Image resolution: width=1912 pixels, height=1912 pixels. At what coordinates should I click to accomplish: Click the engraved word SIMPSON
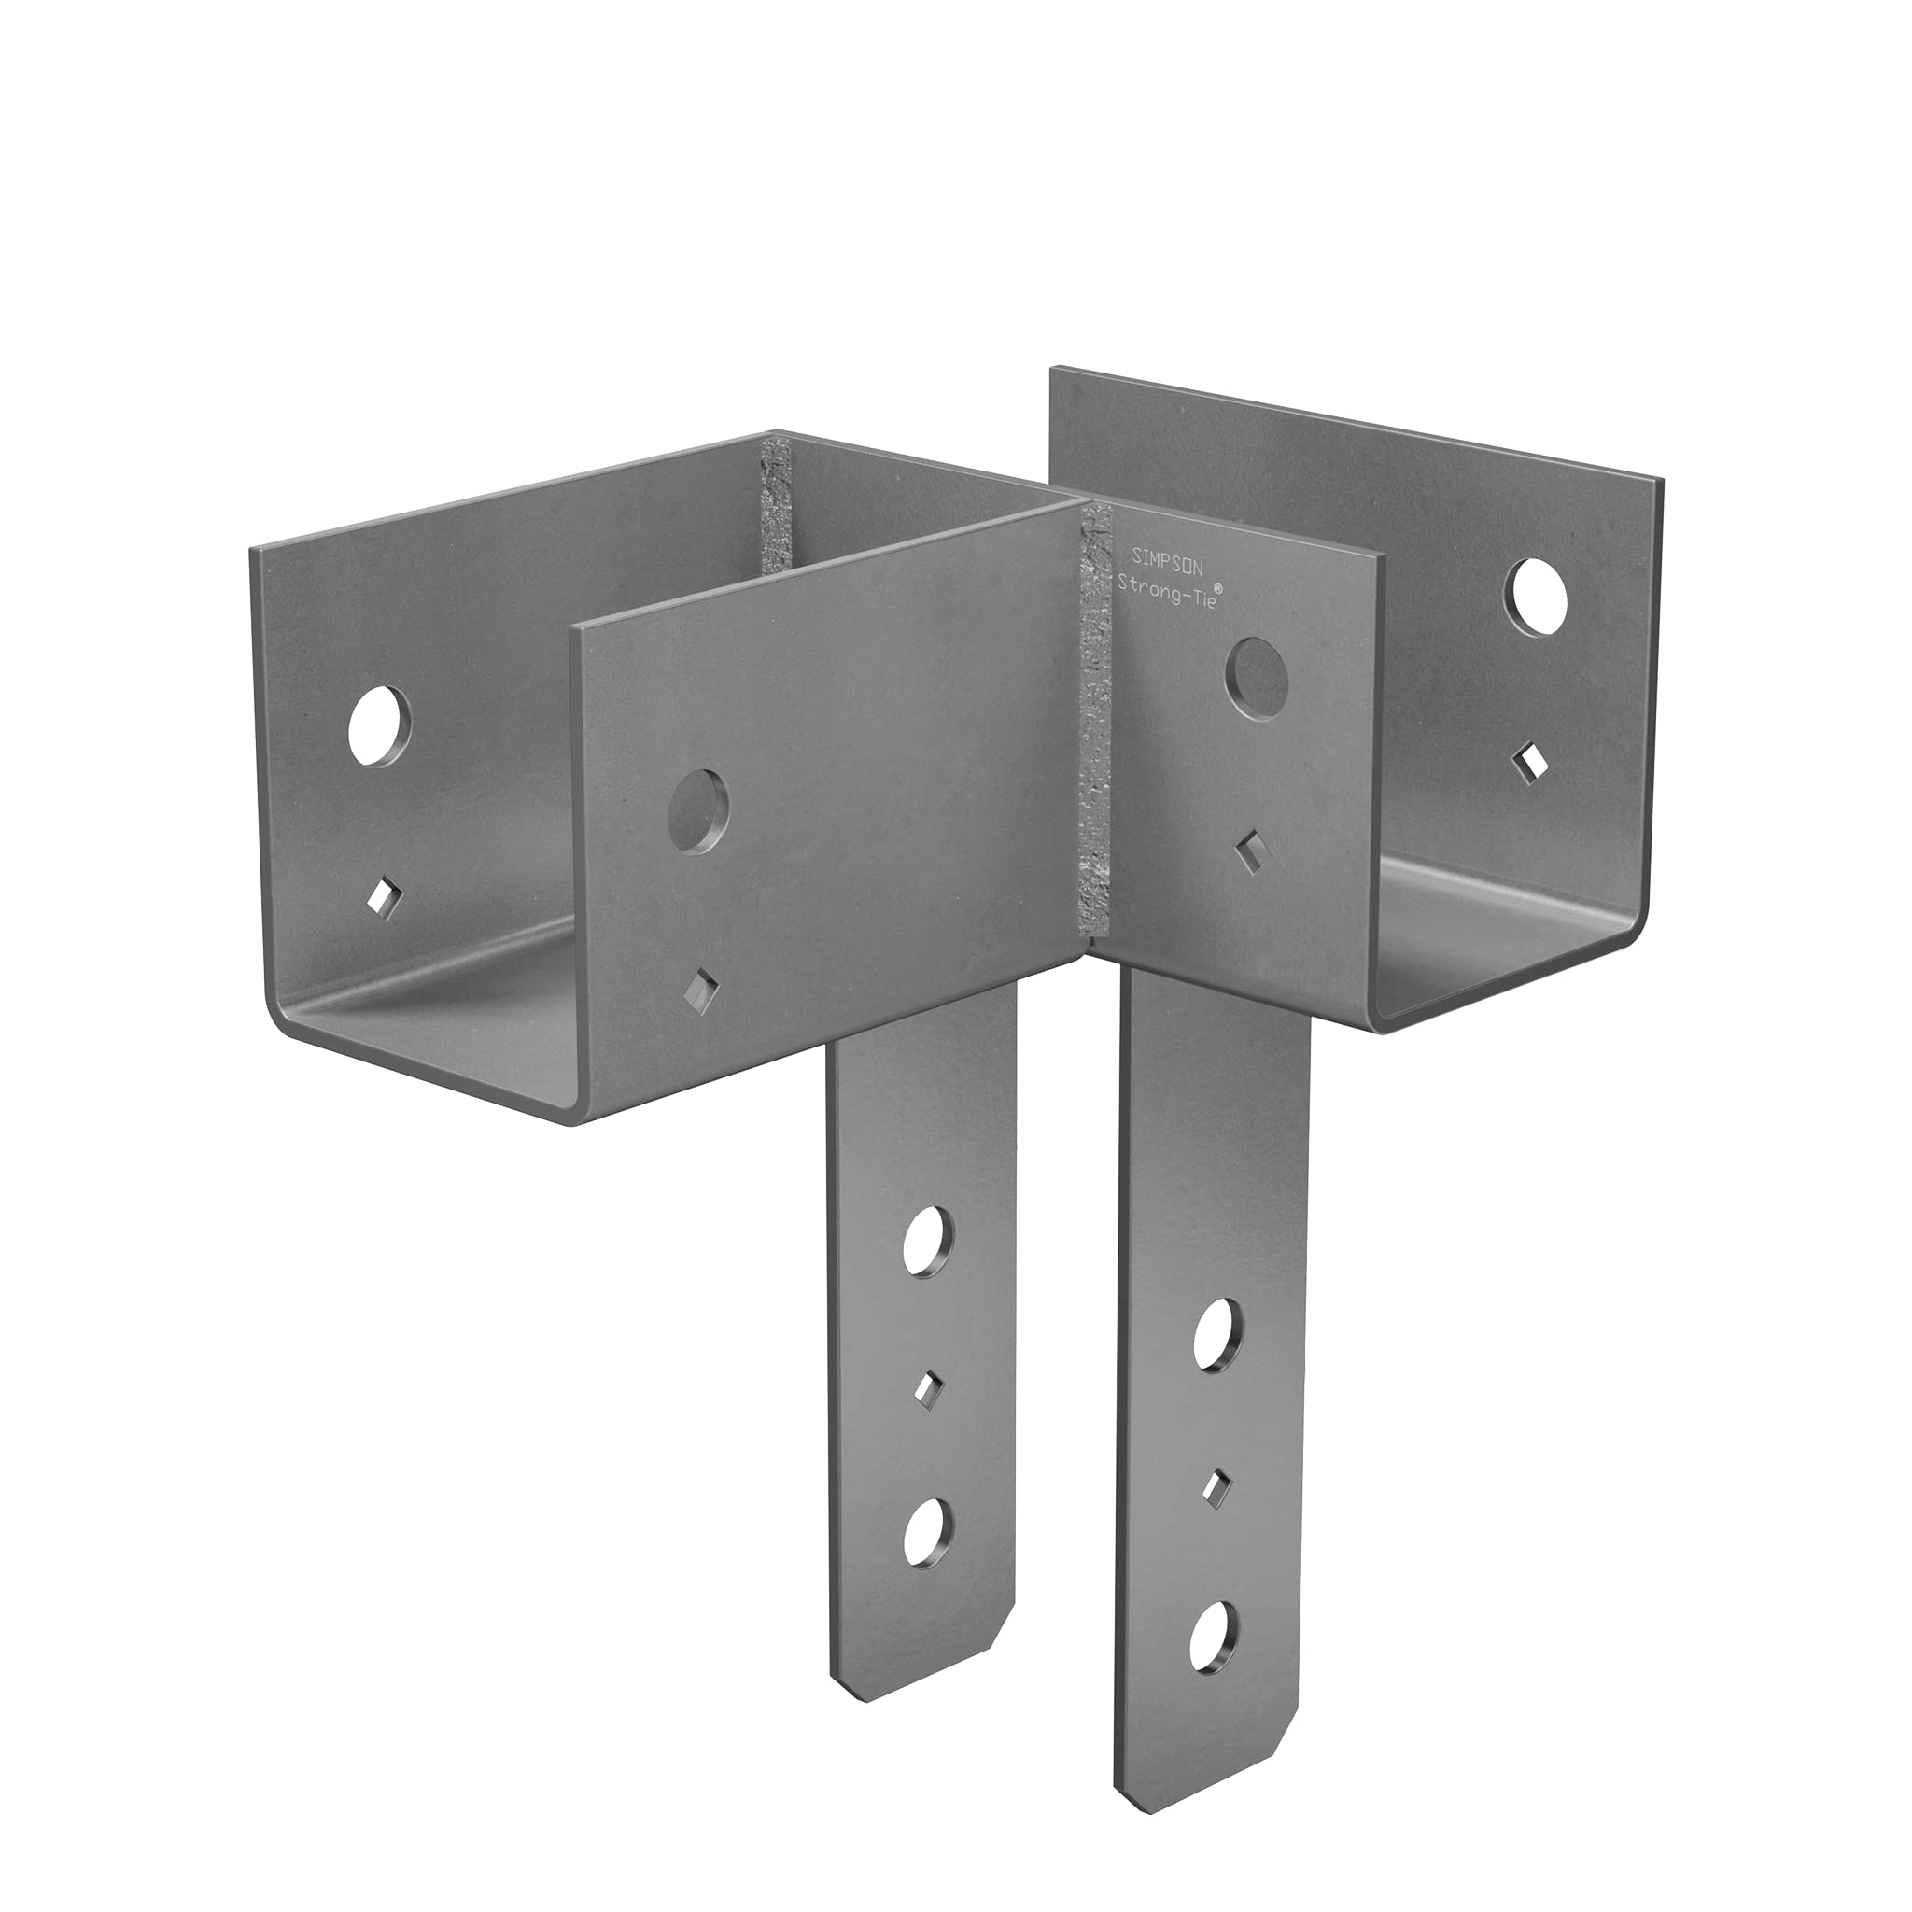click(x=1167, y=558)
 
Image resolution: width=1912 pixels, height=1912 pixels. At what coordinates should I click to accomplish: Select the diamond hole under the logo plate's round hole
click(x=1251, y=854)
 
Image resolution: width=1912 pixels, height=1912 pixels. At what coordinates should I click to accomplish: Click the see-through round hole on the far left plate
click(x=379, y=724)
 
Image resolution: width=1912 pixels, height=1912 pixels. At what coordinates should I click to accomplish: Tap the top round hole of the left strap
click(x=927, y=1240)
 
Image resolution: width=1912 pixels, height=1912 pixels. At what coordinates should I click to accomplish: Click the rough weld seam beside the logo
click(x=1097, y=723)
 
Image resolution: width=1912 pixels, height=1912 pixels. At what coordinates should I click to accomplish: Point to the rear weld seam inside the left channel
click(x=775, y=505)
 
